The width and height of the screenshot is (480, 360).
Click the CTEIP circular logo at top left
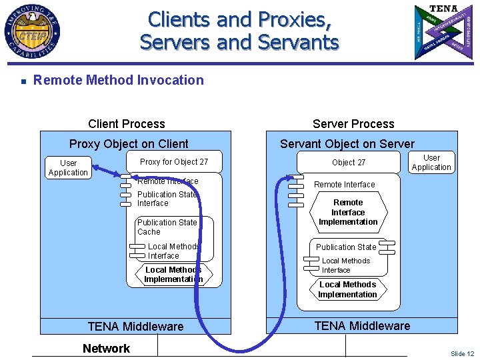pos(32,32)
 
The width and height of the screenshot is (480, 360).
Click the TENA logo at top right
pos(444,32)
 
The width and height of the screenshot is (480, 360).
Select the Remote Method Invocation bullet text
pos(119,80)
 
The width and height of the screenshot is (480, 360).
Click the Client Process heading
pos(127,124)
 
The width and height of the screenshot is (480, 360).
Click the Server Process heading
pos(353,124)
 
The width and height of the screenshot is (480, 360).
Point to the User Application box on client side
pos(68,168)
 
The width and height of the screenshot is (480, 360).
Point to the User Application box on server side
pos(431,163)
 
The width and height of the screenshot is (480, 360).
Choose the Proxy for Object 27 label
pos(174,162)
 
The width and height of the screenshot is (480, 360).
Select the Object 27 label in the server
pos(349,163)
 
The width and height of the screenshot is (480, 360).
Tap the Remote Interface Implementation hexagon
pos(348,212)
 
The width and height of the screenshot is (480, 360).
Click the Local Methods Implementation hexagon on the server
pos(347,289)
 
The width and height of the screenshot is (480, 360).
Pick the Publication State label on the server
pos(346,247)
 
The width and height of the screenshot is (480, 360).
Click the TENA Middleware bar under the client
pos(135,327)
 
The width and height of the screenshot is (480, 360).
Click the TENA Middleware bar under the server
pos(362,326)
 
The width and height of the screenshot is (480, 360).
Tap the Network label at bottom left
pos(107,348)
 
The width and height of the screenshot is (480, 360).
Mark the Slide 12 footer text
pos(462,353)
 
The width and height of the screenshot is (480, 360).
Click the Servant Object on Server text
pos(347,144)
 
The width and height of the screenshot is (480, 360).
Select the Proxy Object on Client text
pos(129,144)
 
